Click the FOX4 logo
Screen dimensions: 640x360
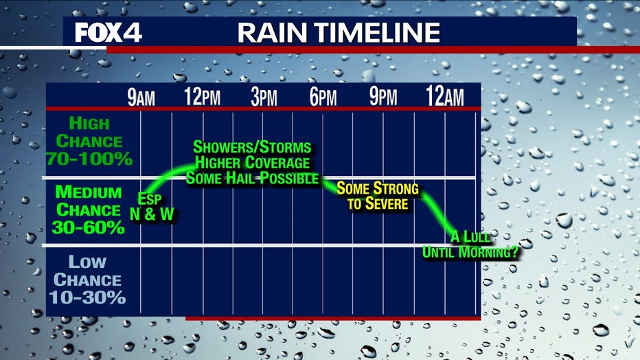(x=108, y=33)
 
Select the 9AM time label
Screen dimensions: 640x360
(x=141, y=97)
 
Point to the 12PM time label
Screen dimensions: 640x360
(x=202, y=97)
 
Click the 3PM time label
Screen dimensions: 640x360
(x=264, y=97)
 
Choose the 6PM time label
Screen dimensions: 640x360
(x=323, y=97)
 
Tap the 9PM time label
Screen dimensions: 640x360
(x=383, y=97)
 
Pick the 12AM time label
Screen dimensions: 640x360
(x=445, y=97)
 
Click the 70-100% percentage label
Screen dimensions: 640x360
(x=89, y=159)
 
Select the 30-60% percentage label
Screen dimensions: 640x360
(x=88, y=227)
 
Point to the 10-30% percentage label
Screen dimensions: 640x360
(x=87, y=297)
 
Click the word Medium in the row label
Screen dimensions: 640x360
(x=89, y=192)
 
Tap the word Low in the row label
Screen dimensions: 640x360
(x=87, y=262)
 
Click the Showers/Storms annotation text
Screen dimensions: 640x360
(x=252, y=147)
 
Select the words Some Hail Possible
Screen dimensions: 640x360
(x=252, y=178)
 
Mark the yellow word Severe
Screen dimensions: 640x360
(x=387, y=203)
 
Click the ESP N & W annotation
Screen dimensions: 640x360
(x=152, y=207)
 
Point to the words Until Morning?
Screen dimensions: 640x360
(x=470, y=252)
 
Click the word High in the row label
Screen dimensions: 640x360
(x=89, y=123)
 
